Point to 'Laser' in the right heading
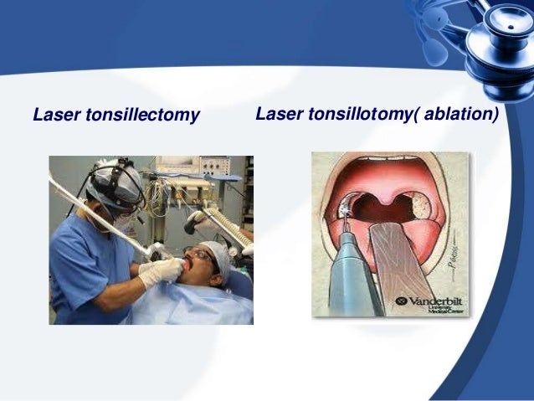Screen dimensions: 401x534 coord(280,113)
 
